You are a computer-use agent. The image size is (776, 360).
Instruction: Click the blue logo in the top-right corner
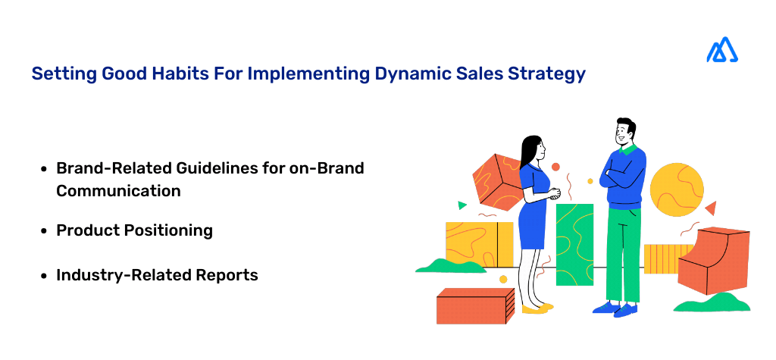(x=722, y=50)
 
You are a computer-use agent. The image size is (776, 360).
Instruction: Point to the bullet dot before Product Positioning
(x=45, y=231)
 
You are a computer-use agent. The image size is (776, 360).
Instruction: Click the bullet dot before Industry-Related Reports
(x=45, y=277)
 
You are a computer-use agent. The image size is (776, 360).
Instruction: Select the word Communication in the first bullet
(x=118, y=191)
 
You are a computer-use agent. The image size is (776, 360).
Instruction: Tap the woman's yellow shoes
(x=536, y=308)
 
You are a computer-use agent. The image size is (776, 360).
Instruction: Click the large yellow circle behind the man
(x=677, y=189)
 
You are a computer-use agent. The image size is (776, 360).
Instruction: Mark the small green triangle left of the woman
(x=462, y=205)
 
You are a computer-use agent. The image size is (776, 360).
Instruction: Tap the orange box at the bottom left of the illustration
(x=474, y=305)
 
